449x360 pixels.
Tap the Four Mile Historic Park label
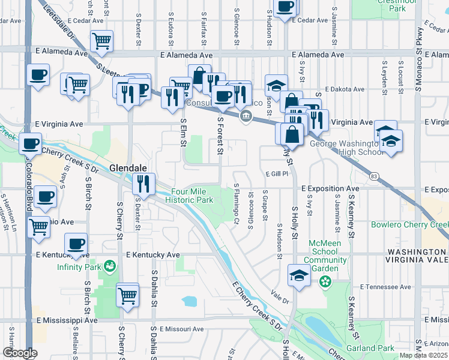pos(188,196)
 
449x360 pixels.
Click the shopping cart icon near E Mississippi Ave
pos(128,295)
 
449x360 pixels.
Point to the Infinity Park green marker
pos(110,265)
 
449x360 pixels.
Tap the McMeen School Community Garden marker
pos(325,280)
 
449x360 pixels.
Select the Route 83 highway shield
pos(375,176)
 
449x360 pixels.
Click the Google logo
pos(20,353)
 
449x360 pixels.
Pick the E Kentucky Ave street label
pos(153,255)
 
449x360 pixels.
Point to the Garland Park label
pos(370,348)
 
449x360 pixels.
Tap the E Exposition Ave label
pos(330,188)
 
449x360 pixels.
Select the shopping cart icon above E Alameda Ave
pos(101,41)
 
